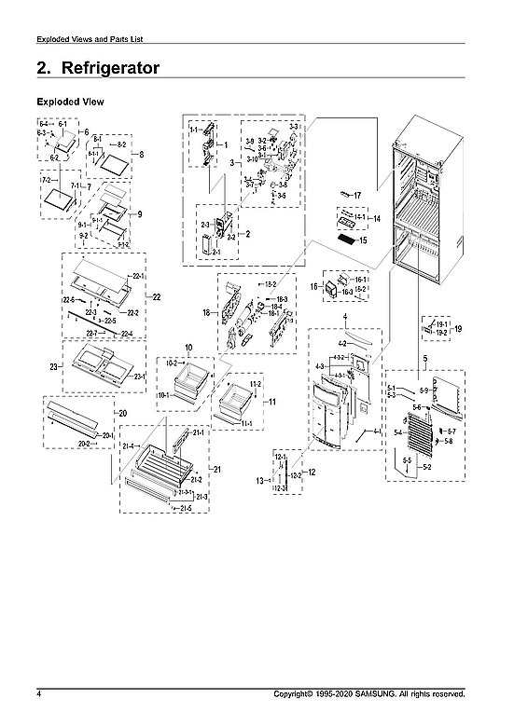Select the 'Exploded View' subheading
(x=70, y=101)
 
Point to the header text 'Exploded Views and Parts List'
(x=89, y=38)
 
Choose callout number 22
(x=156, y=296)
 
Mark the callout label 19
(x=457, y=328)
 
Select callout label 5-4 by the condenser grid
(x=397, y=431)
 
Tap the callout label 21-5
(x=187, y=509)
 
